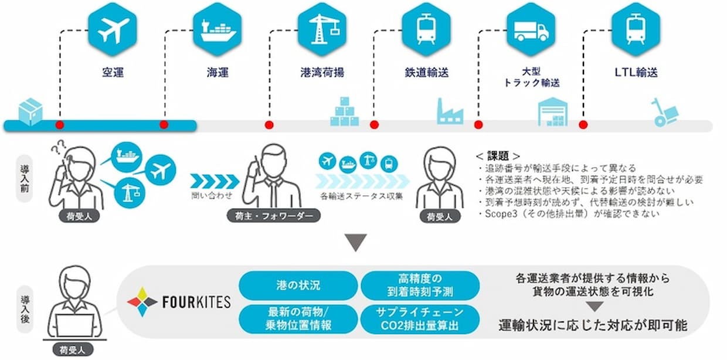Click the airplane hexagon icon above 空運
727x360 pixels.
(113, 29)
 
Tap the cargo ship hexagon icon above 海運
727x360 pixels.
(217, 29)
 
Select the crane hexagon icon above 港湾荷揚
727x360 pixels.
(322, 29)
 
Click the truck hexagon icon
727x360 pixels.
(531, 29)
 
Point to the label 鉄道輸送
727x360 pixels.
(426, 72)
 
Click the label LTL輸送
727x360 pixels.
(636, 72)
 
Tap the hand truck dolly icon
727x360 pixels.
(665, 112)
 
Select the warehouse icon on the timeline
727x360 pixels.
(553, 111)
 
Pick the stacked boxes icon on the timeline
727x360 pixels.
(344, 111)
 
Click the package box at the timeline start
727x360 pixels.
(30, 111)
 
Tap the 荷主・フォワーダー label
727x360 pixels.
(274, 216)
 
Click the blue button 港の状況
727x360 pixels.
(298, 286)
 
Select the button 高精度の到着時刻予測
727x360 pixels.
(420, 286)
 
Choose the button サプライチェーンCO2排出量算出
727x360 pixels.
(420, 319)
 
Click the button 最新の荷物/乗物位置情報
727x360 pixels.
(298, 319)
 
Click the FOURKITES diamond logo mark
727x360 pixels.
(142, 302)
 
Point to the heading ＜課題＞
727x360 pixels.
(498, 156)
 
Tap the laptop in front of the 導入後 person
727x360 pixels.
(75, 325)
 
